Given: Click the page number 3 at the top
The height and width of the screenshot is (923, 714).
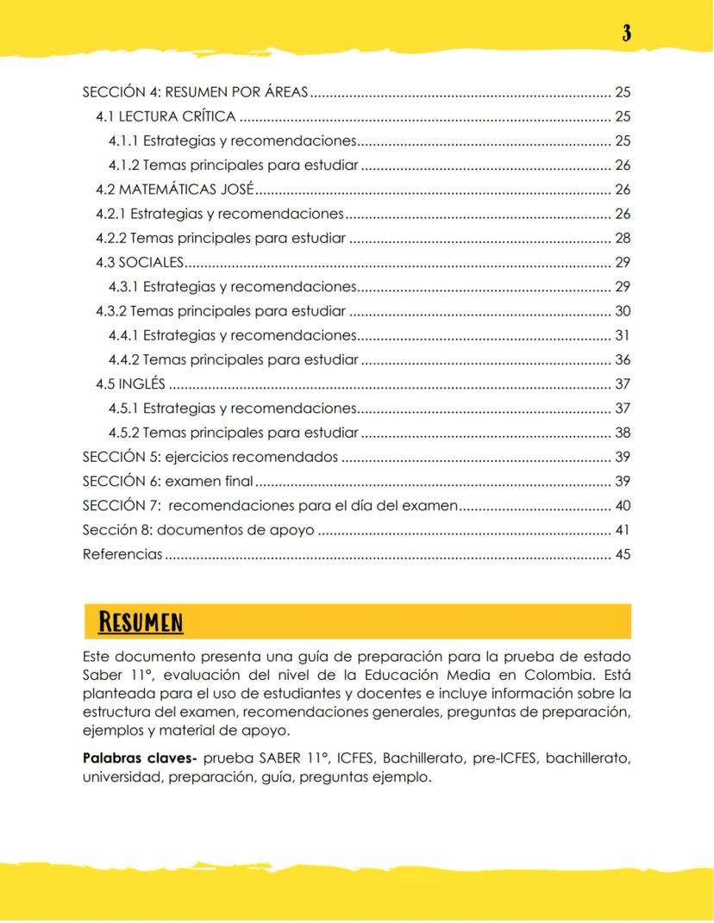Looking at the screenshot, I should [x=627, y=34].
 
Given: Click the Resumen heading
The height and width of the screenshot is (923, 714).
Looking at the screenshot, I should [x=141, y=621].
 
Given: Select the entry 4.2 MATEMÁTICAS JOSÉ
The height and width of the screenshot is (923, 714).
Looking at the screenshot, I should [x=175, y=190].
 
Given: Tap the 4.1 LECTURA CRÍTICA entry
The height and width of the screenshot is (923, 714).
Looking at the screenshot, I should [x=166, y=116].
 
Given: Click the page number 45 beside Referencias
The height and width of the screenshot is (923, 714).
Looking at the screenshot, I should [x=623, y=555].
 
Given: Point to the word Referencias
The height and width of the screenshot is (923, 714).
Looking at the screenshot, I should [x=122, y=555].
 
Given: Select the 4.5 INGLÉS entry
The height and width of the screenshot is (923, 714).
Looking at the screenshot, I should [x=130, y=384].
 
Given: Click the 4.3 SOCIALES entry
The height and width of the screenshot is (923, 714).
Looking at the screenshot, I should [x=140, y=262].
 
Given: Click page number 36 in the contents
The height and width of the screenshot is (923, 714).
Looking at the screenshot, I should [x=623, y=360].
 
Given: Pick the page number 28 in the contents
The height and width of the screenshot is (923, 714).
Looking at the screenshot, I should [x=623, y=238].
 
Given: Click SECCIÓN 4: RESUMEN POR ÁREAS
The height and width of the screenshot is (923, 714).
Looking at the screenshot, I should [x=195, y=92].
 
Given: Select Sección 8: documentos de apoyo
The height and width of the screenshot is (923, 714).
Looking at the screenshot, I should [x=198, y=531].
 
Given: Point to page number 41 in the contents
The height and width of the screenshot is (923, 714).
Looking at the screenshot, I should [x=623, y=531].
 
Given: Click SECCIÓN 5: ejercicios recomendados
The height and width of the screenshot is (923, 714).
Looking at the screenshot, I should [x=210, y=458].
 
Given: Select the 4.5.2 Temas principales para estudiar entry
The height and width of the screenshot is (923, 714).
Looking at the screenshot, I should [x=233, y=433].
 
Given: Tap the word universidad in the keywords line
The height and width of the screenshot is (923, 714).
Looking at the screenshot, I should [x=122, y=777].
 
